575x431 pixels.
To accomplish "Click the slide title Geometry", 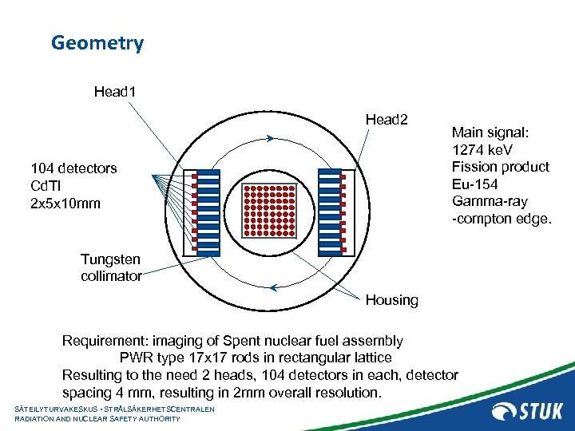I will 97,43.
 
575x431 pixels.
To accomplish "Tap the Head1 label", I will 115,92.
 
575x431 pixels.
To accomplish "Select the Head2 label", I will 387,120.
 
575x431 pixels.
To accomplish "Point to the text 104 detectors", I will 73,168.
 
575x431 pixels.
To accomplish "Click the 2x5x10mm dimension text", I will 65,203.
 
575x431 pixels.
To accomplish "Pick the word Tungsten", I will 110,259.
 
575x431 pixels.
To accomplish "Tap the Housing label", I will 391,300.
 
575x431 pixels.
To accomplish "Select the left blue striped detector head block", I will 207,212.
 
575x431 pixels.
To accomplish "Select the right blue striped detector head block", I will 330,212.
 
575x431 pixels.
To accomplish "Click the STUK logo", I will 527,411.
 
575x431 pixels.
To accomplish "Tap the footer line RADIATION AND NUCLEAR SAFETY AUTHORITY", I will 97,418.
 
